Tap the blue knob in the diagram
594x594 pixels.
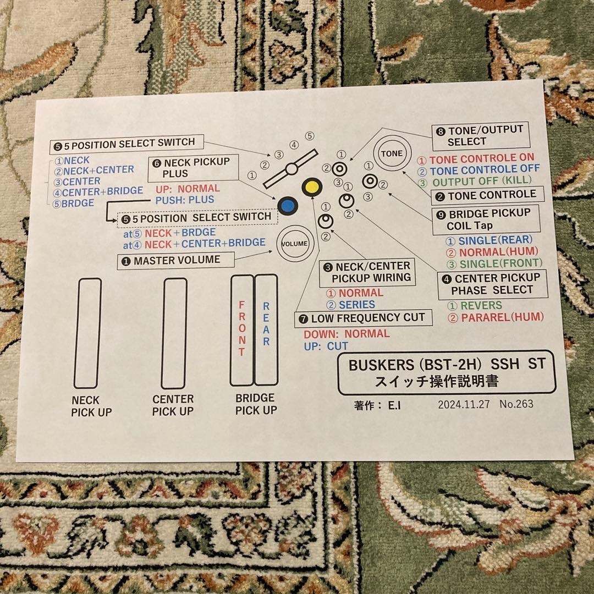point(287,206)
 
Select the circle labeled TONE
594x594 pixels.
point(392,153)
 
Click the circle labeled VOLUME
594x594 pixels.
point(295,244)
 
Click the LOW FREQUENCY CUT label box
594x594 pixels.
point(363,318)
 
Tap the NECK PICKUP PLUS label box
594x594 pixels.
point(193,168)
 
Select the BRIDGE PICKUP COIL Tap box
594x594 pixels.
point(485,219)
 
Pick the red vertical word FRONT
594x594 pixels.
point(241,329)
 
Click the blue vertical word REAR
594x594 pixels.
point(266,324)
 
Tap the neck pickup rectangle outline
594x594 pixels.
point(88,333)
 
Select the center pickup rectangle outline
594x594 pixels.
point(174,333)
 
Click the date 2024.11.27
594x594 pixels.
point(464,404)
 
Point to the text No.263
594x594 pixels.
point(516,404)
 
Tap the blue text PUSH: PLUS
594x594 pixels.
point(185,200)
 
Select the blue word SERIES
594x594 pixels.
point(356,305)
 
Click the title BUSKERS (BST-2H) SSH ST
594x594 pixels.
point(446,365)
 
